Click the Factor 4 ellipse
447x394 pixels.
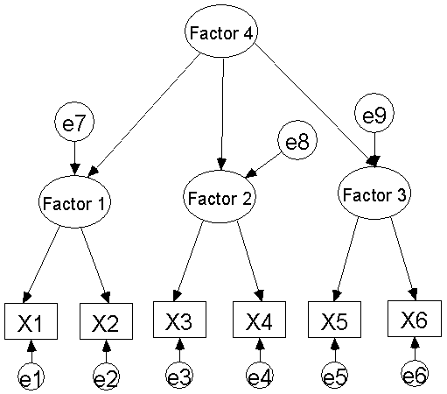[x=221, y=32]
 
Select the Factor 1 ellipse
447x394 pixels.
[x=74, y=202]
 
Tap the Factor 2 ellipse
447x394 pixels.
[x=220, y=197]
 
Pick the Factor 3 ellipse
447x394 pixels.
[x=374, y=193]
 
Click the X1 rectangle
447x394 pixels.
[x=31, y=321]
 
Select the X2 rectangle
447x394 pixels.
[x=106, y=321]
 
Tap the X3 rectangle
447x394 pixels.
[x=179, y=320]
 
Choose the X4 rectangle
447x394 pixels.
[x=259, y=320]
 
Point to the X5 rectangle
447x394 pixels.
[x=334, y=320]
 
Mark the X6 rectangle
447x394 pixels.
[x=415, y=319]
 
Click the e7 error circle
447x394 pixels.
[x=74, y=123]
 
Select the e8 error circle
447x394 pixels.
[x=297, y=141]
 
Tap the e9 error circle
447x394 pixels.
[x=374, y=113]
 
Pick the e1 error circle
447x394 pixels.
[x=31, y=376]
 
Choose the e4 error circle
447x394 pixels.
[x=260, y=376]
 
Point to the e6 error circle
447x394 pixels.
[x=415, y=374]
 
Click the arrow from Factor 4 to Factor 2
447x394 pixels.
[x=222, y=115]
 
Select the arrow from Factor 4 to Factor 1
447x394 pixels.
[x=144, y=116]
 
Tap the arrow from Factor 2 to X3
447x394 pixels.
[x=188, y=261]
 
